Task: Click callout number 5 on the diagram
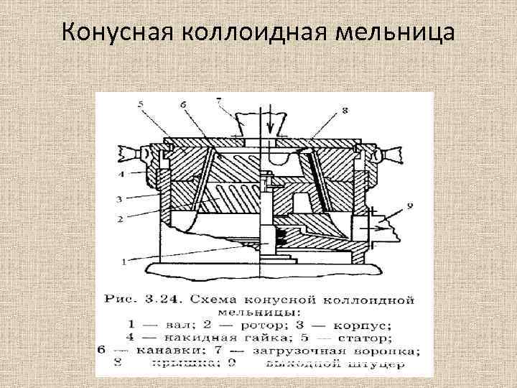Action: pyautogui.click(x=141, y=105)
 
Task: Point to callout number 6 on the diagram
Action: pyautogui.click(x=184, y=105)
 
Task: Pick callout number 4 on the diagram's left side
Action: pyautogui.click(x=123, y=174)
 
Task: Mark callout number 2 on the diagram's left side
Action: pyautogui.click(x=123, y=217)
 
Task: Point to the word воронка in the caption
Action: pyautogui.click(x=386, y=351)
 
